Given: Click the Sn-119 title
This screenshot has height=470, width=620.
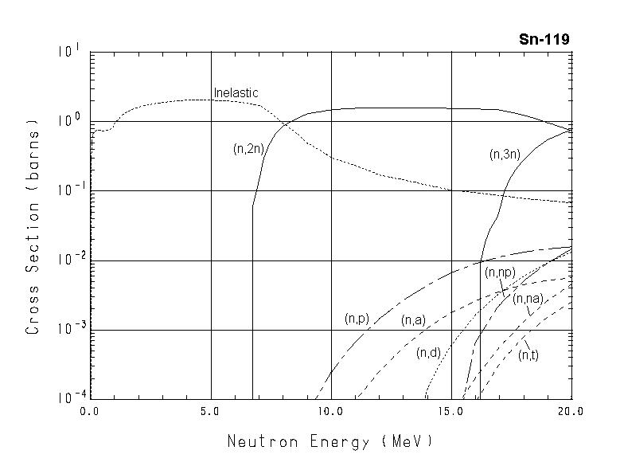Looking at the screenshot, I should (x=544, y=39).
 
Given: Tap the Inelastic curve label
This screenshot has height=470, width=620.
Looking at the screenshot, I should (x=236, y=93).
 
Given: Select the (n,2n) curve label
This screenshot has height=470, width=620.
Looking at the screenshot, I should (x=248, y=148).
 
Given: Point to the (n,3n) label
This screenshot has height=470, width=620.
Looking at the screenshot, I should (x=504, y=155).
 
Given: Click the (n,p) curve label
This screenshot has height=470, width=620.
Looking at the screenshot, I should (x=357, y=319).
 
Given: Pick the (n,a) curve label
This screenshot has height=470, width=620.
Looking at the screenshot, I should (x=412, y=320).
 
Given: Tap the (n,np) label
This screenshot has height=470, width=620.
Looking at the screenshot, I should (x=501, y=272).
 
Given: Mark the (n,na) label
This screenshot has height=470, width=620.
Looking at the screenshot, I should (x=528, y=299).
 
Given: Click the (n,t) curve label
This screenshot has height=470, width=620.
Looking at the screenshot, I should (x=528, y=355).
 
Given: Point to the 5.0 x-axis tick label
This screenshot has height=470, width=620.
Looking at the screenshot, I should (x=210, y=412).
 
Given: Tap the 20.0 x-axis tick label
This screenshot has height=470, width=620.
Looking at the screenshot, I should (x=571, y=412).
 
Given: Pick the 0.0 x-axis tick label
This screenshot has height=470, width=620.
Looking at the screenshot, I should (x=90, y=412).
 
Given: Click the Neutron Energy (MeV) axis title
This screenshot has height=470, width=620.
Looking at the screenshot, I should (x=330, y=441).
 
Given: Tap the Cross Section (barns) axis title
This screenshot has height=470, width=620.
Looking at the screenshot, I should (x=33, y=226).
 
